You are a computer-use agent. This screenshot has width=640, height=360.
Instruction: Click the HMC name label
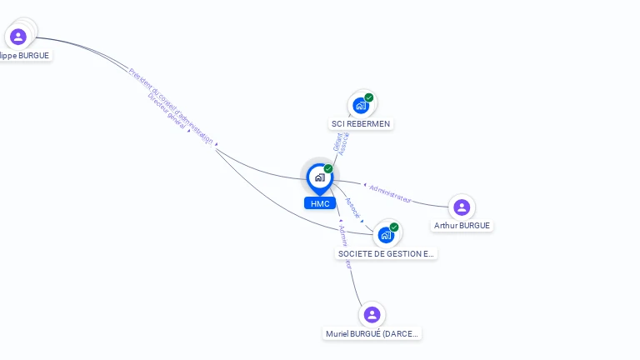(x=320, y=203)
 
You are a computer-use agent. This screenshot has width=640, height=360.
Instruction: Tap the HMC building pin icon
(x=319, y=177)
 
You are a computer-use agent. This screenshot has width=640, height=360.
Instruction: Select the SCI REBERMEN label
(x=360, y=123)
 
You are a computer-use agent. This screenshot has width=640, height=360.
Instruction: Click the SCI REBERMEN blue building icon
(x=361, y=105)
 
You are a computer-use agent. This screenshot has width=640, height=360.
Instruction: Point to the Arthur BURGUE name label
(x=462, y=225)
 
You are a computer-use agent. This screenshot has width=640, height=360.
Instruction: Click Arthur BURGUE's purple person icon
(x=462, y=207)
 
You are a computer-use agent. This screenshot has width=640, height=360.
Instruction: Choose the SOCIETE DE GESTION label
(x=387, y=253)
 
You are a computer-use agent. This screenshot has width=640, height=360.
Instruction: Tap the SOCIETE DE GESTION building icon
(x=385, y=235)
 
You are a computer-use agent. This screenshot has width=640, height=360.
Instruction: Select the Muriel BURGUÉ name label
(x=372, y=333)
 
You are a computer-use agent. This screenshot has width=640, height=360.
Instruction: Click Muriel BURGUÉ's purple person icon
(x=372, y=314)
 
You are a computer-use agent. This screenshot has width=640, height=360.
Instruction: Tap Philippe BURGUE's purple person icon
(x=18, y=37)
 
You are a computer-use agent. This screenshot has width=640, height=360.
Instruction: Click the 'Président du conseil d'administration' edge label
(x=170, y=104)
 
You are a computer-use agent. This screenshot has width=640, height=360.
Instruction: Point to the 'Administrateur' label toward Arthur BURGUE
(x=390, y=193)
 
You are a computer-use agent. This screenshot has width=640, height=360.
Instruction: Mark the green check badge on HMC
(x=328, y=169)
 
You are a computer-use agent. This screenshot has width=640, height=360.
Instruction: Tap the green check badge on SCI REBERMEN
(x=369, y=97)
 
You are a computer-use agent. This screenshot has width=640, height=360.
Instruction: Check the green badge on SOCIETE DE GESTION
(x=394, y=227)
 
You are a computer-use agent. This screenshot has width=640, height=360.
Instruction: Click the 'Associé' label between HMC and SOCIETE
(x=352, y=207)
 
